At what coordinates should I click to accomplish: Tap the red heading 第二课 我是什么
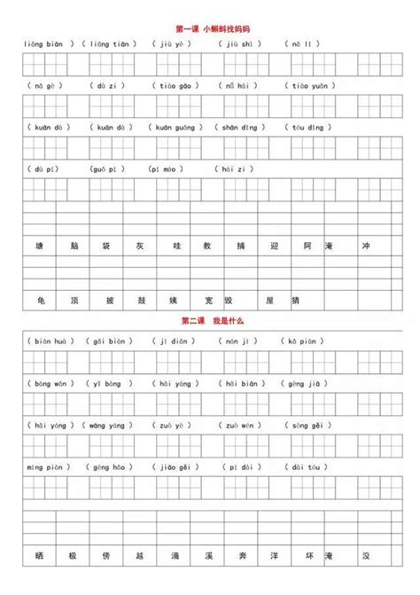[x=210, y=320]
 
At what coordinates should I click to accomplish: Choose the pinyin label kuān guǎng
[x=176, y=128]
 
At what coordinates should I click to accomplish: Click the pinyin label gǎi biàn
[x=110, y=341]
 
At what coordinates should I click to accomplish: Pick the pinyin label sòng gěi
[x=305, y=425]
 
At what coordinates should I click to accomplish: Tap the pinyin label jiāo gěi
[x=175, y=467]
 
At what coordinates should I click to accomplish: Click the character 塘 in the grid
[x=40, y=245]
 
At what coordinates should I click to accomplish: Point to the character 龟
[x=40, y=300]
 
